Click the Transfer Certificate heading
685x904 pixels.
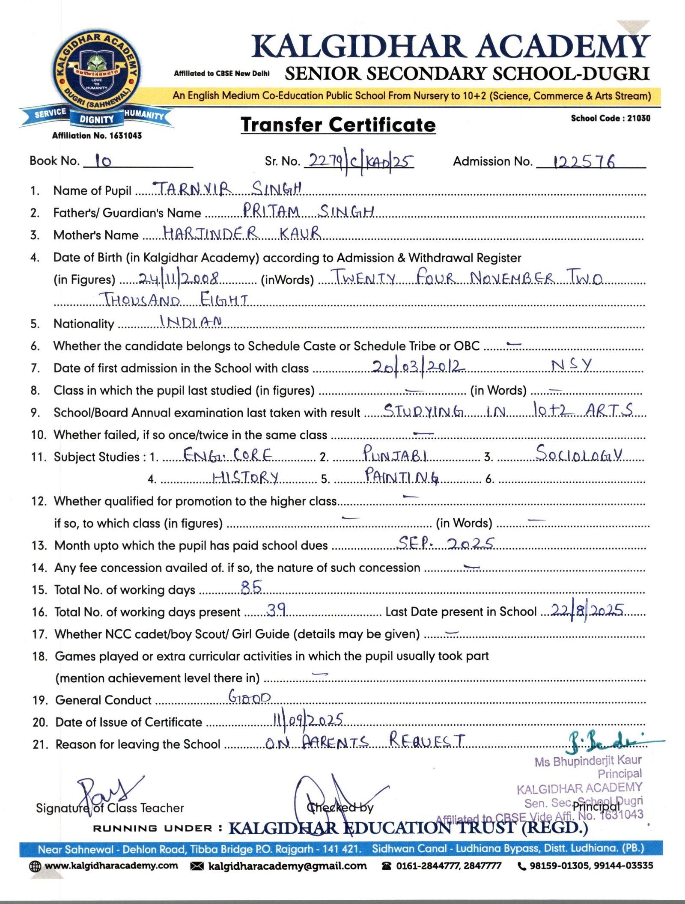[338, 125]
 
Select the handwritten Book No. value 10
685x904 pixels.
[103, 161]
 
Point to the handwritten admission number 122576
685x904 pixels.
[584, 162]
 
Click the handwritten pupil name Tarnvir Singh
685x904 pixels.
[227, 188]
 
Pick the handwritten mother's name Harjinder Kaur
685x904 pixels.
[242, 233]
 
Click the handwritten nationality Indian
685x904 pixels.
[191, 321]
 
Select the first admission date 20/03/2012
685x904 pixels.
[418, 366]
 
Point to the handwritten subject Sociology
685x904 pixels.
[579, 453]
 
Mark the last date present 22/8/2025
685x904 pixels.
[587, 610]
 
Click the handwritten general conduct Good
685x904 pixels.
[249, 697]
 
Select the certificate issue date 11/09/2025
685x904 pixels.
[308, 720]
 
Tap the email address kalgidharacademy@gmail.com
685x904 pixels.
[287, 865]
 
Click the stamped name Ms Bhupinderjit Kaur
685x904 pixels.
[588, 761]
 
